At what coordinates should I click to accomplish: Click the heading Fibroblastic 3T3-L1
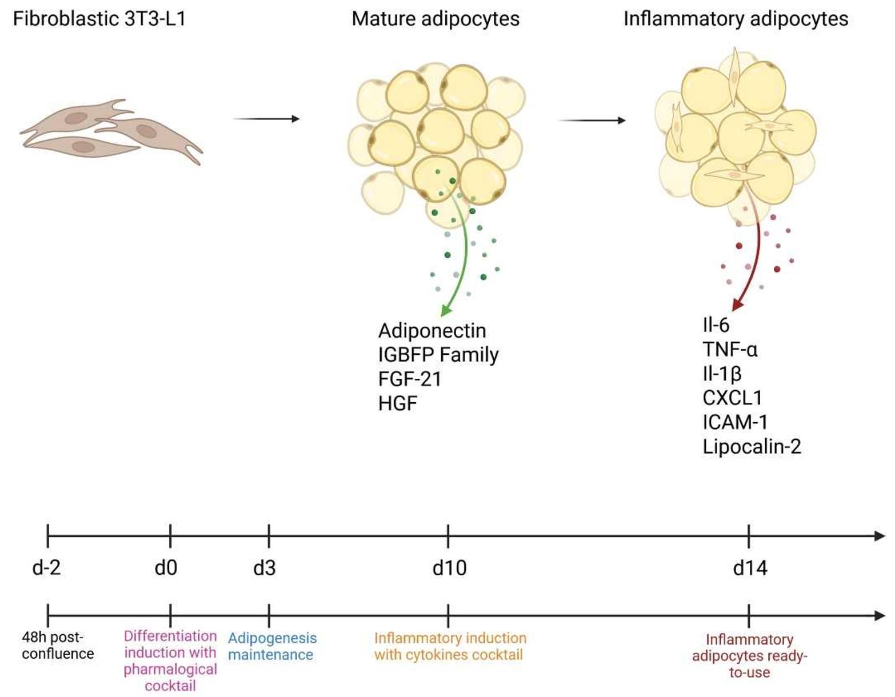[99, 19]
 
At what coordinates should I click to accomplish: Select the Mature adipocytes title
[435, 19]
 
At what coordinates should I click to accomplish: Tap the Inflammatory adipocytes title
[736, 19]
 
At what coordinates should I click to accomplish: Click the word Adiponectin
[432, 331]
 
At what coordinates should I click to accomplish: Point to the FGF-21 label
[410, 379]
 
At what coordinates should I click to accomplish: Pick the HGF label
[398, 403]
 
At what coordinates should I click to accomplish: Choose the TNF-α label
[730, 349]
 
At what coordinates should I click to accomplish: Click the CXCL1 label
[732, 398]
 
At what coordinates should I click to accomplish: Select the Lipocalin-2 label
[752, 446]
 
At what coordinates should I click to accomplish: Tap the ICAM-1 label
[735, 422]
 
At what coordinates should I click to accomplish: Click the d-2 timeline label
[47, 568]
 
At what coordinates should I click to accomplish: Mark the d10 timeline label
[449, 568]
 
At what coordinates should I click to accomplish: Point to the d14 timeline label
[750, 568]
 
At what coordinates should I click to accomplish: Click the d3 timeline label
[265, 568]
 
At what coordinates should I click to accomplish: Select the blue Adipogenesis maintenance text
[272, 646]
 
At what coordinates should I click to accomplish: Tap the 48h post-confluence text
[57, 645]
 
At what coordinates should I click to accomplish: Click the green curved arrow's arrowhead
[446, 310]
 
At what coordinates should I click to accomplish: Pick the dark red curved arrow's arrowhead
[738, 305]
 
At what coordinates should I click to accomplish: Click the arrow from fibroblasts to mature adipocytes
[266, 119]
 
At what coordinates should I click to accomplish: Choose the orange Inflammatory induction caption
[450, 646]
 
